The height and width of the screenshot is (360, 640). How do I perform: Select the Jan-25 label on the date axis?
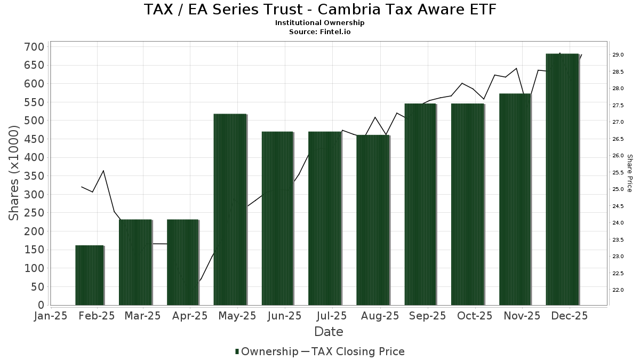click(51, 316)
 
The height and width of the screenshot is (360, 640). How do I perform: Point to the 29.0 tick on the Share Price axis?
click(618, 55)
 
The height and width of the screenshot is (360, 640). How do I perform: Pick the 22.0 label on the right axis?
click(618, 290)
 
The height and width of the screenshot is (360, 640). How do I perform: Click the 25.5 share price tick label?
click(618, 172)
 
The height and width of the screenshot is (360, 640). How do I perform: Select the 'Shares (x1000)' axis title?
click(14, 173)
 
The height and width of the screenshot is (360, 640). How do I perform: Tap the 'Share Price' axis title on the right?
click(630, 173)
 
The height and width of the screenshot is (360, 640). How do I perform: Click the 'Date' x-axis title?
click(329, 332)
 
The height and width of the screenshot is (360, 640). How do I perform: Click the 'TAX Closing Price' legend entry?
click(357, 351)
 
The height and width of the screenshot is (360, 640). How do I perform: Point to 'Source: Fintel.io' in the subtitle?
click(320, 31)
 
